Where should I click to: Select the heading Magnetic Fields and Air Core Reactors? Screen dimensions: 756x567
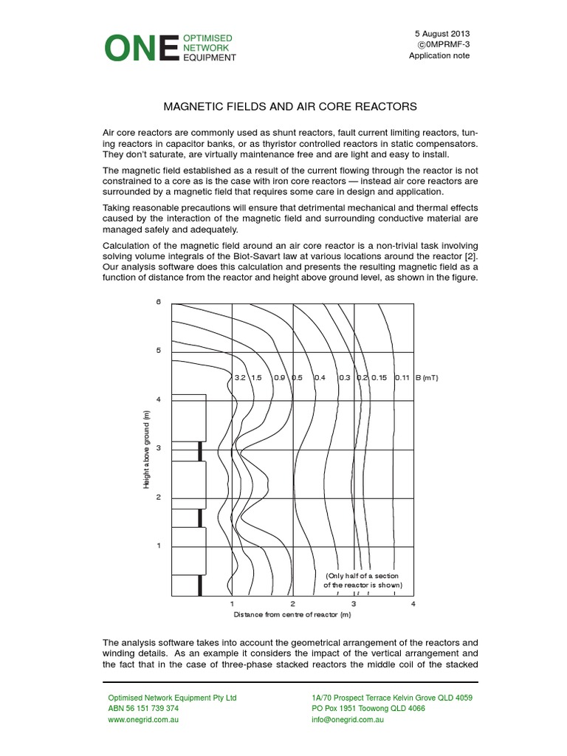coord(283,106)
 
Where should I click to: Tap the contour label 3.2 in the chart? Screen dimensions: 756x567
coord(239,377)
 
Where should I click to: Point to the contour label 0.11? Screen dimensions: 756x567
coord(402,377)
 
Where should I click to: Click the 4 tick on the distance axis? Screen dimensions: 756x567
coord(413,604)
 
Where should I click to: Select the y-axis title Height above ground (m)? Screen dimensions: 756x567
coord(148,450)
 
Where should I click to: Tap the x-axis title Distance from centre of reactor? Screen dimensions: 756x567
coord(292,614)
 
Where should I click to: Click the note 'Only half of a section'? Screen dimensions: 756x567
coord(364,575)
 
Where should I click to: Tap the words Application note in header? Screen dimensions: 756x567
coord(439,56)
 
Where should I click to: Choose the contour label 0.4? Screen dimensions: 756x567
coord(320,377)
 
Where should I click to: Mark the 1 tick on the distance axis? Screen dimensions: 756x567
coord(232,604)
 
